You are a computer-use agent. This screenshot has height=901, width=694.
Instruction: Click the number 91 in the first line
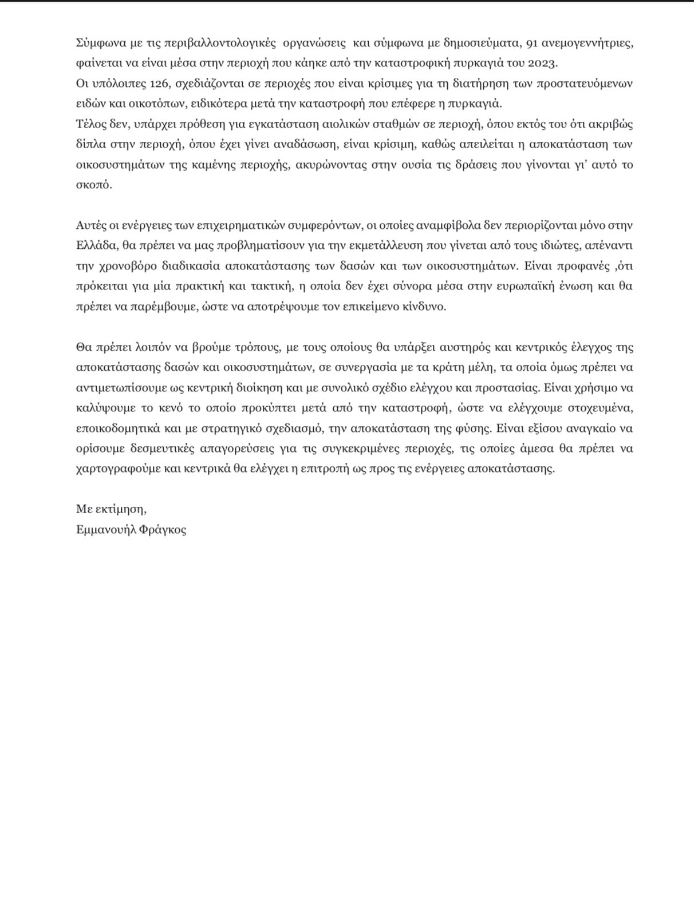coord(532,43)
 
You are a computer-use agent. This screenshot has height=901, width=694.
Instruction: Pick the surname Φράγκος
coord(163,530)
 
